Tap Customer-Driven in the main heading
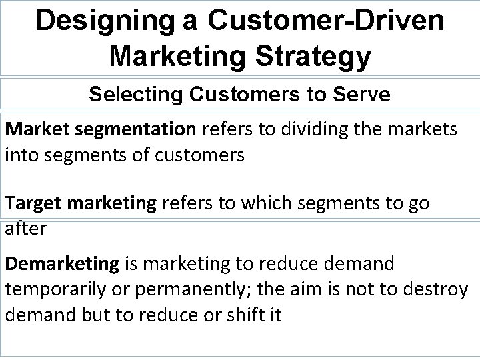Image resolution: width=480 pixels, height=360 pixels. (319, 21)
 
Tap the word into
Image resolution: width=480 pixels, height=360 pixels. (21, 155)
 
